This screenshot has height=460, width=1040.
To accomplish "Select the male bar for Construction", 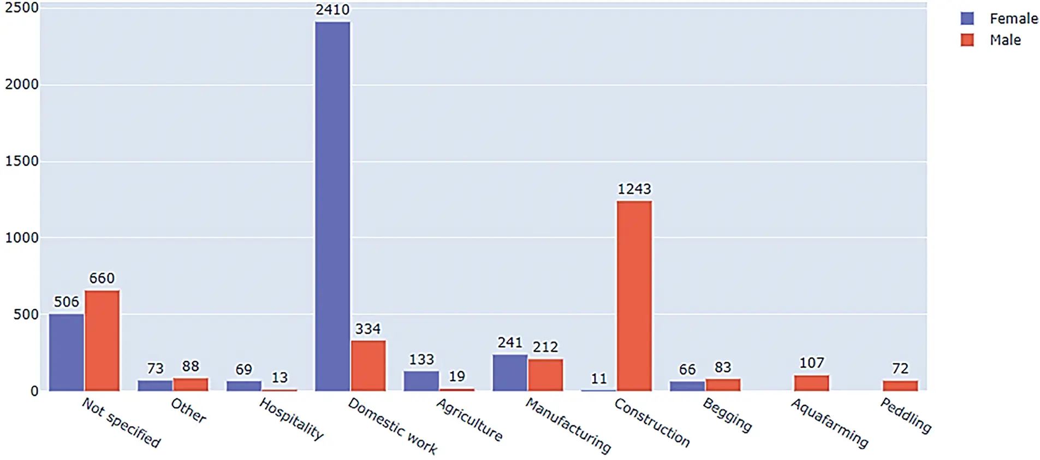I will pos(634,296).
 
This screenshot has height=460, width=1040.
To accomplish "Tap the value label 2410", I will pos(332,10).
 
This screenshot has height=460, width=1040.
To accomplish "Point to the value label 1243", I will pos(634,189).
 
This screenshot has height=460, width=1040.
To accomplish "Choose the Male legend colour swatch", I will pos(967,40).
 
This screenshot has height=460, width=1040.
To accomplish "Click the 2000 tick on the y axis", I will pos(22,85).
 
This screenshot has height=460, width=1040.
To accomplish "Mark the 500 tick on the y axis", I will pos(26,315).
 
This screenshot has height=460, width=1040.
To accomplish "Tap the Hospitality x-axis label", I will pos(292,419).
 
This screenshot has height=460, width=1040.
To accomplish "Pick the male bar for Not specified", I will pos(102,340).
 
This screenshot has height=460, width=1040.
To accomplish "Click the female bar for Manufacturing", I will pos(510,373).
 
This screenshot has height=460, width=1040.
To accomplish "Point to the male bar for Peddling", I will pos(900,385).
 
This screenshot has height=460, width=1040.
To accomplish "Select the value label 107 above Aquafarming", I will pos(811,363).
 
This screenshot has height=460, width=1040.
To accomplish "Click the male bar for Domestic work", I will pos(368,365).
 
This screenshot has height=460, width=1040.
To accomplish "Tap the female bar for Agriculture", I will pos(421,381).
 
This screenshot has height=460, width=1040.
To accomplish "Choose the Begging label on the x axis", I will pos(727,415).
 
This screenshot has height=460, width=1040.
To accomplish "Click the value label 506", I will pos(66,302).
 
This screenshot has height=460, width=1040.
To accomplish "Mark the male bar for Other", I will pos(191,384).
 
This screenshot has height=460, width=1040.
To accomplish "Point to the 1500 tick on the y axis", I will pos(22,161).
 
